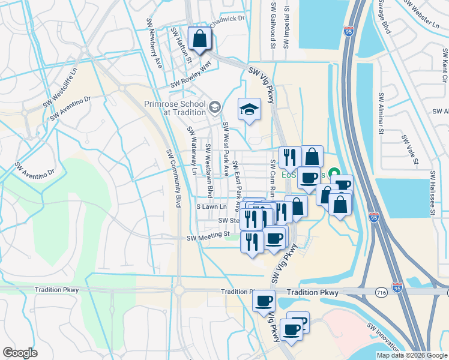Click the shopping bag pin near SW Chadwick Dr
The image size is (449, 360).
point(199,40)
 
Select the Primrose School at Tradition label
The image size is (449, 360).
point(175,107)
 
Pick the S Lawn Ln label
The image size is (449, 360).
point(212,206)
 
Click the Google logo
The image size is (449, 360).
point(20,353)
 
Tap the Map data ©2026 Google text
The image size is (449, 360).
point(412,355)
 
